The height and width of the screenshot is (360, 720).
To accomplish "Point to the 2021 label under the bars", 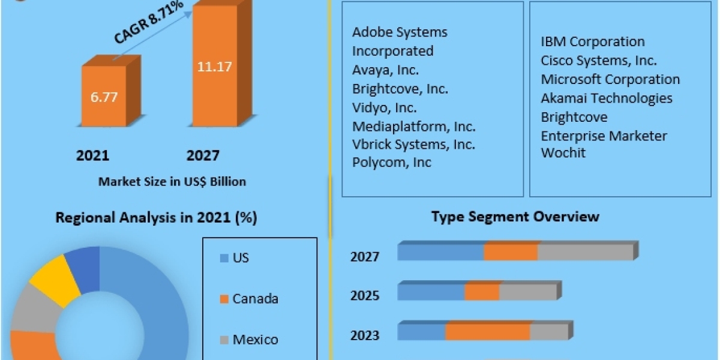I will pos(92,156).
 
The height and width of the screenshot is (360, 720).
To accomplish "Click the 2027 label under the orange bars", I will pos(203,156).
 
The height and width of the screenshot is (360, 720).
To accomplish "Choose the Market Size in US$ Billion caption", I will pos(172,181).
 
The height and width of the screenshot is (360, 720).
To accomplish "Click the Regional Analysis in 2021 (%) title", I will pos(156,218).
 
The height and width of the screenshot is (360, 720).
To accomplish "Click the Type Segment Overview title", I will pos(515,217).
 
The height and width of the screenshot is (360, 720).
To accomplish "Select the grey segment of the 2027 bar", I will pos(585,253).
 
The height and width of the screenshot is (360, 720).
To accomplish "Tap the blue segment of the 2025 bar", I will pos(431,292).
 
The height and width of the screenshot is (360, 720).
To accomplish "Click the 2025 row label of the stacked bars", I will pos(365,296).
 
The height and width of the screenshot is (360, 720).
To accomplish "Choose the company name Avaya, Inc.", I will pos(385,70).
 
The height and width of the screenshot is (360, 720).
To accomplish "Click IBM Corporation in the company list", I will pos(592,42).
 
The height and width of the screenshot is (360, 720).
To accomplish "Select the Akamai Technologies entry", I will pos(606,98).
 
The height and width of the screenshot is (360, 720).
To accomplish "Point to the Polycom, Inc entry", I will pos(391,163).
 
